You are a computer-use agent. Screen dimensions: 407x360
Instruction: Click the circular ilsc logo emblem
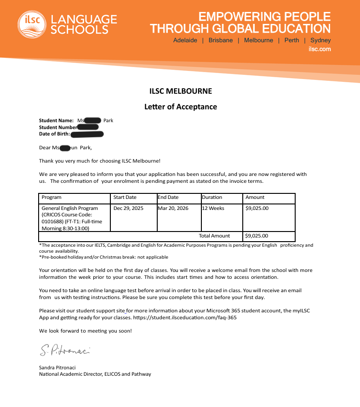point(31,24)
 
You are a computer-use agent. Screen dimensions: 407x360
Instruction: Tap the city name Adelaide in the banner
point(185,40)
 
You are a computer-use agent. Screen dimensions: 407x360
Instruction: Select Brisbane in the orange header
point(220,40)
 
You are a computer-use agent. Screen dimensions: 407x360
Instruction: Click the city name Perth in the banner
point(291,40)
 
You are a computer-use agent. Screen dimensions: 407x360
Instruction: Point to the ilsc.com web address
point(320,49)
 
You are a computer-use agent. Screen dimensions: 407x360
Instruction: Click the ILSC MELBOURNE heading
point(181,91)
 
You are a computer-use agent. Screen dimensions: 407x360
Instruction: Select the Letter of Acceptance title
point(181,107)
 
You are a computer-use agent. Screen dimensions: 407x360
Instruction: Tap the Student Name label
point(56,121)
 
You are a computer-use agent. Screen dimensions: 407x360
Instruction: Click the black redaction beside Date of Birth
point(87,134)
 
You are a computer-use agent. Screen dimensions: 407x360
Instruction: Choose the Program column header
point(51,198)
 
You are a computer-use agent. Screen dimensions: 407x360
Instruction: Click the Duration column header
point(212,198)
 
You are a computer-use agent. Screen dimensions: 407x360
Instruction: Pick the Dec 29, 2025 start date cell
point(128,209)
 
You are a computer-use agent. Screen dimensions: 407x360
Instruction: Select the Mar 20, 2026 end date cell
point(173,209)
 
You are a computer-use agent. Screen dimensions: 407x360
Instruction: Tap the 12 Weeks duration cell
point(213,209)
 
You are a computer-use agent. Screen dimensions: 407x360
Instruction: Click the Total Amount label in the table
point(214,236)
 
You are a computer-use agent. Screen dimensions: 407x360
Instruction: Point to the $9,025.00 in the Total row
point(257,236)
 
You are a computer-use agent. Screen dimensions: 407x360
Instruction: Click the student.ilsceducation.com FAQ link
point(185,318)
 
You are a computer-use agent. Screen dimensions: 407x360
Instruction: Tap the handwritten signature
point(64,350)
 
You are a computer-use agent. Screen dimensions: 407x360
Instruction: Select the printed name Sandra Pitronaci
point(57,367)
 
